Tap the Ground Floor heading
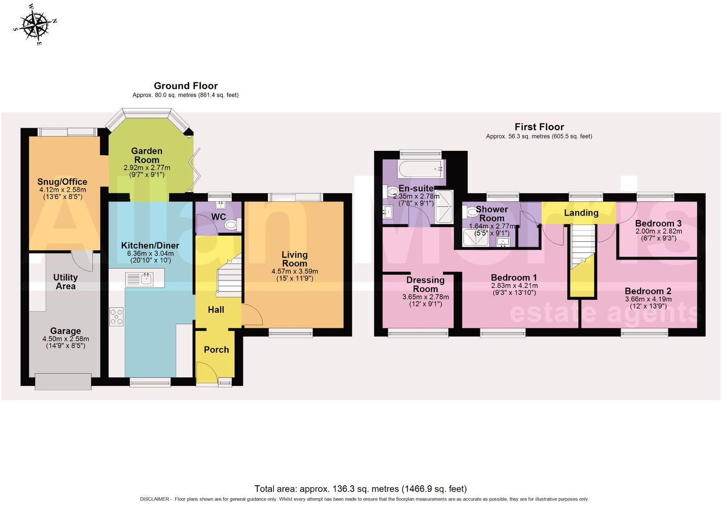(x=186, y=86)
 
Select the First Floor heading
(x=539, y=127)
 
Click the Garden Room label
(x=147, y=155)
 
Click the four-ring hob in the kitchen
(x=117, y=317)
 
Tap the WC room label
(x=218, y=217)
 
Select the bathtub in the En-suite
(x=420, y=169)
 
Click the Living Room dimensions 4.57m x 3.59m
(x=294, y=271)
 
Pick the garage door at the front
(x=63, y=381)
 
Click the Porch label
(x=216, y=350)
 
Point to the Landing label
(x=581, y=213)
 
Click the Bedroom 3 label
(x=658, y=223)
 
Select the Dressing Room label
(x=425, y=284)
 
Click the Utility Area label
(x=65, y=281)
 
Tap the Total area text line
(x=360, y=489)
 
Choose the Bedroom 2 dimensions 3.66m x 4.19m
(x=648, y=299)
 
